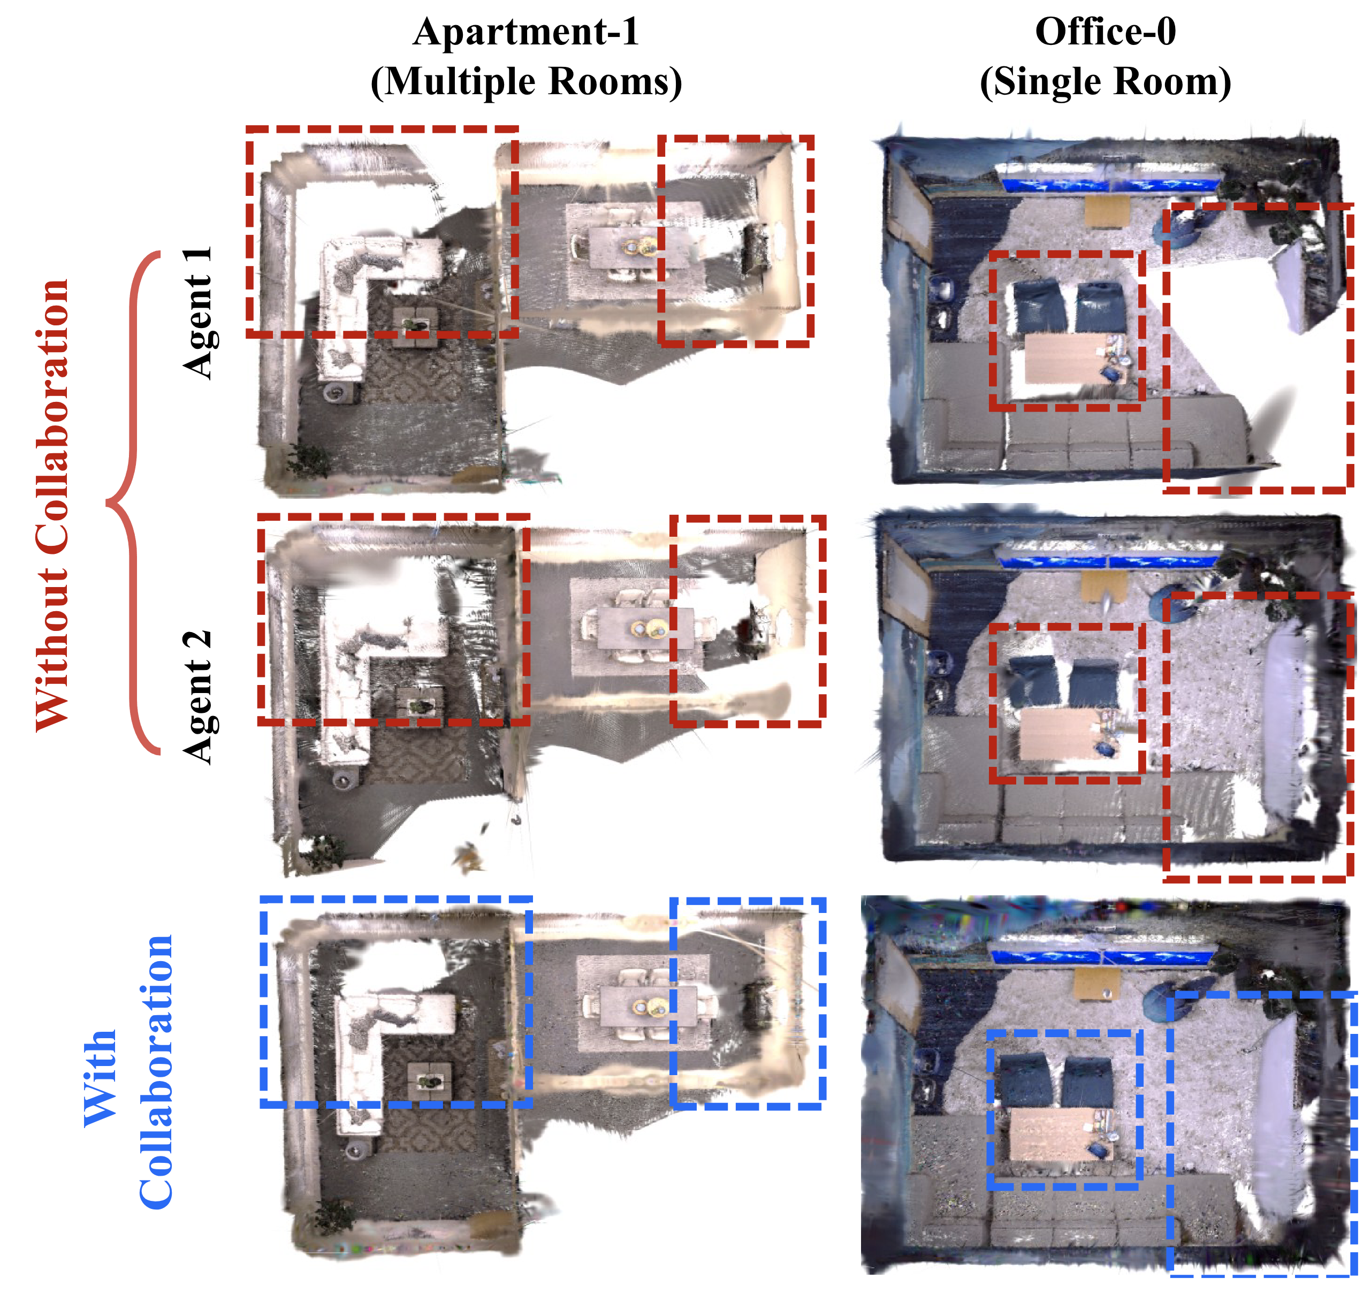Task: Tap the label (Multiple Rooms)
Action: [526, 81]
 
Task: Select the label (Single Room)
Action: [1106, 81]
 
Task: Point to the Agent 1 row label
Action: [198, 313]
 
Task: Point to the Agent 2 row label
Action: [198, 697]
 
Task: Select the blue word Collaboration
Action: [156, 1072]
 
